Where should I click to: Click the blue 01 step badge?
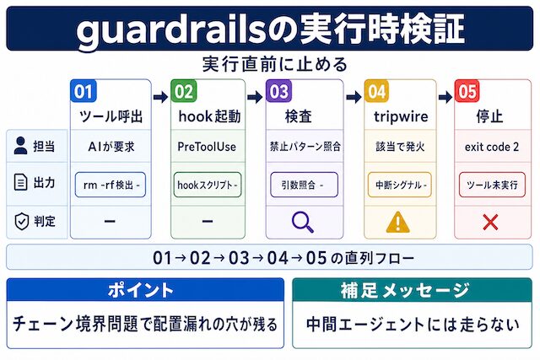point(83,91)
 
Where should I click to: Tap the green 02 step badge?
point(184,91)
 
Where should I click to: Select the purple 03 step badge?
point(279,91)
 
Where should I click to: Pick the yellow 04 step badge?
point(377,91)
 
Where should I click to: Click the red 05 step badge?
point(467,91)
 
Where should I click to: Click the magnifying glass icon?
point(302,222)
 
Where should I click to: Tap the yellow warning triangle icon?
point(397,222)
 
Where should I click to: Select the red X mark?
point(490,222)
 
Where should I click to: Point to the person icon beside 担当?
point(20,145)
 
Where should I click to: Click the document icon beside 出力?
point(20,182)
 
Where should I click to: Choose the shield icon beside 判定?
point(21,221)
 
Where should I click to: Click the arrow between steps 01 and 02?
point(161,98)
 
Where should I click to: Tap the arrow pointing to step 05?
point(445,98)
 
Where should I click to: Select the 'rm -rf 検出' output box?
point(111,185)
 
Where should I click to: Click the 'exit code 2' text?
point(492,147)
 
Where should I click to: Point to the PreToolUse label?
point(207,147)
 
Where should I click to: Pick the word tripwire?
point(401,116)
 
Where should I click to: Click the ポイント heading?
point(141,290)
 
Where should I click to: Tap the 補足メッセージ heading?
point(405,291)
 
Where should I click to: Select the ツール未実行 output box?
point(492,185)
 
